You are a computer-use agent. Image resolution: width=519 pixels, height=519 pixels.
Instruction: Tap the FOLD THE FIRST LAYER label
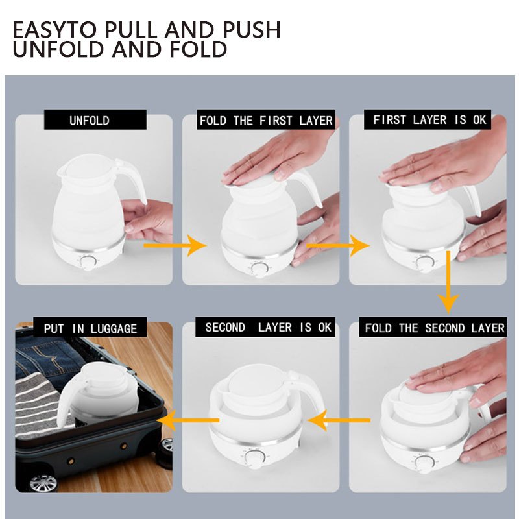point(266,120)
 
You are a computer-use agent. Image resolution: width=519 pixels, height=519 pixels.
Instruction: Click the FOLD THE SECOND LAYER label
point(433,328)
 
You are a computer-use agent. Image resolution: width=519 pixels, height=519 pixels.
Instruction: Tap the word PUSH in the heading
point(252,30)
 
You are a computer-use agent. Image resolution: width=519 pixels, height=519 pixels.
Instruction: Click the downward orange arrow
point(448,282)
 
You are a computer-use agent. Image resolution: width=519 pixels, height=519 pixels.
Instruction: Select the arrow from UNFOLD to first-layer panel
point(175,245)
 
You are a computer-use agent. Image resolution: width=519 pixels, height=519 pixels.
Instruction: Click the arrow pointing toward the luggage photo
point(188,420)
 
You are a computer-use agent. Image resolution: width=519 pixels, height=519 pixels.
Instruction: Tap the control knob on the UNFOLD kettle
point(88,263)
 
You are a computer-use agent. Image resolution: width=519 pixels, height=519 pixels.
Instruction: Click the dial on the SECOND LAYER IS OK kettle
point(254,458)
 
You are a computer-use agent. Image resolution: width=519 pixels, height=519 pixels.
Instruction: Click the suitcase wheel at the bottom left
point(43,484)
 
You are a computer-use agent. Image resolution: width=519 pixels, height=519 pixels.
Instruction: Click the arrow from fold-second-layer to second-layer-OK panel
point(339,420)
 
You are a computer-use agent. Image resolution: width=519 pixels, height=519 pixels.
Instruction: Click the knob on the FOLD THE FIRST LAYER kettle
point(258,269)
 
